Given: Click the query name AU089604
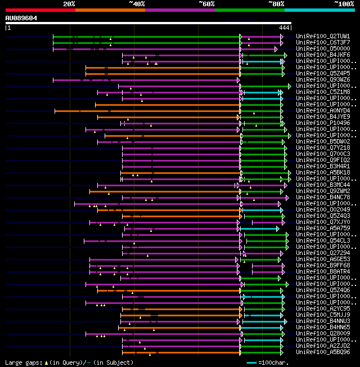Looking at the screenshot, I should point(21,18).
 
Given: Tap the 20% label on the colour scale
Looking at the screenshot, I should point(69,4).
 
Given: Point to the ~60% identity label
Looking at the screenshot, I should point(206,4).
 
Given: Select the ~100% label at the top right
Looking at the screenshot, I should point(344,4).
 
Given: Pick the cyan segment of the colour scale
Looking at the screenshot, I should point(319,10).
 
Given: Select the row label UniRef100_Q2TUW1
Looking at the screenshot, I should point(323,36).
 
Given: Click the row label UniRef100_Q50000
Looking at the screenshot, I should point(323,48).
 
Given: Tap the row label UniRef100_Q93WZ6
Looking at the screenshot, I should point(323,79).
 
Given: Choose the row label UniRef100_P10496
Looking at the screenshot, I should point(323,123).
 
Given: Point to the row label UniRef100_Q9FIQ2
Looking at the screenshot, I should point(323,160).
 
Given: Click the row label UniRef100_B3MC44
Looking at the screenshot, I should point(323,185).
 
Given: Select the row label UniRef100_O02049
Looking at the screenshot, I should point(323,209).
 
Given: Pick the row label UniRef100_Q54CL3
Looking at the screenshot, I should point(323,240).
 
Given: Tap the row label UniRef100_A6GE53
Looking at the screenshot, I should point(323,259).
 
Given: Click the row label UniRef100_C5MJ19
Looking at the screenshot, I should point(323,315).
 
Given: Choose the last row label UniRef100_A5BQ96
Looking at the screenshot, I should point(323,352).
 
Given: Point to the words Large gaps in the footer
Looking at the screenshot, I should point(22,362).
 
